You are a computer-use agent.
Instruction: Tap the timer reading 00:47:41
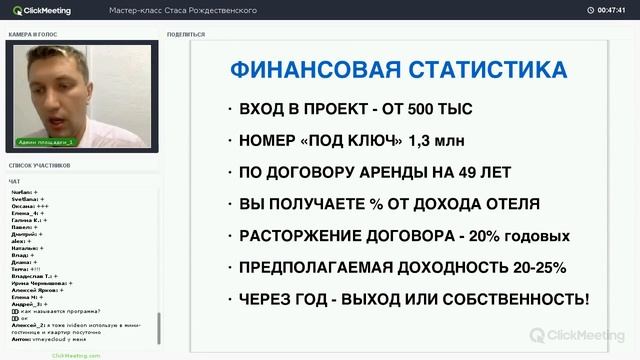click(611, 10)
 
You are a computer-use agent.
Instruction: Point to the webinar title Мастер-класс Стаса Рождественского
click(169, 10)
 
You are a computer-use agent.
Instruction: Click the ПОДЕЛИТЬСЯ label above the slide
click(187, 34)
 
